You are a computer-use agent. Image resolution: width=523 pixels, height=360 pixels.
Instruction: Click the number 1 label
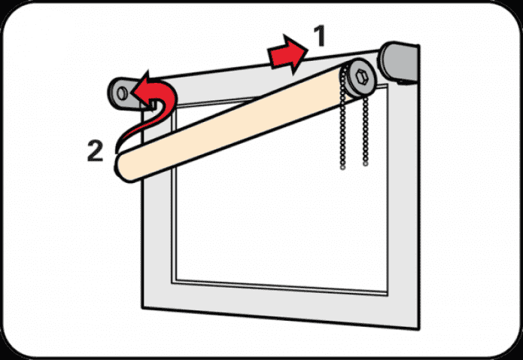tap(318, 35)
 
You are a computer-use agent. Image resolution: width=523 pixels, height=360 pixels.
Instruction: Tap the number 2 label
tap(95, 150)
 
